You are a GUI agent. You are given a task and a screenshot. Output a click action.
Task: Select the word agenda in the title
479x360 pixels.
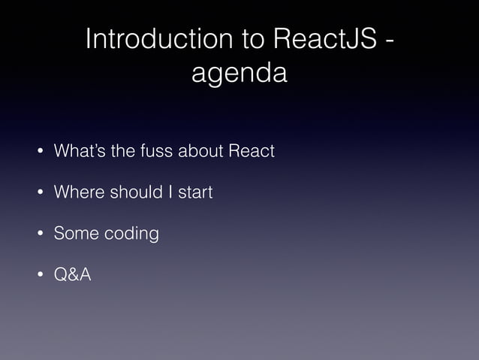(239, 74)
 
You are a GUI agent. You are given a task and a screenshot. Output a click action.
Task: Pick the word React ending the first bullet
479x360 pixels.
(251, 151)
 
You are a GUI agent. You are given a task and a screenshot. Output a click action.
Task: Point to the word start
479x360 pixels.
(194, 193)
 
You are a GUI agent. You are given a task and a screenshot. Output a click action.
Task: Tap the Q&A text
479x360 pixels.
(72, 275)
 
